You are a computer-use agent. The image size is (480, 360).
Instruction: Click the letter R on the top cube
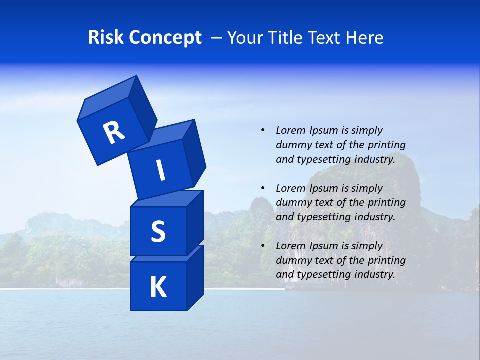click(114, 132)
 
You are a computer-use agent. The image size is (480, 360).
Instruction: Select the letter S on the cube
click(158, 231)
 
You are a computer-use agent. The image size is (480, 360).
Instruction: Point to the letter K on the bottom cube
click(158, 287)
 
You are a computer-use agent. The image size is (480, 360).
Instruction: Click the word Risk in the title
click(106, 38)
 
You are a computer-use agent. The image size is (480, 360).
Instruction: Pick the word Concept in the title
click(165, 38)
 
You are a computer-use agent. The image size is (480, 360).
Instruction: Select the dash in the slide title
click(217, 38)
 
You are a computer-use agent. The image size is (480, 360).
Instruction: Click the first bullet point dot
click(263, 130)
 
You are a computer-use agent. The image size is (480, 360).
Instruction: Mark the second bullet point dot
click(263, 188)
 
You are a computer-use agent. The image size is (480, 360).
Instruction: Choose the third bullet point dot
click(263, 246)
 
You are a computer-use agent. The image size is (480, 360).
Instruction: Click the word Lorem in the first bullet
click(290, 130)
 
